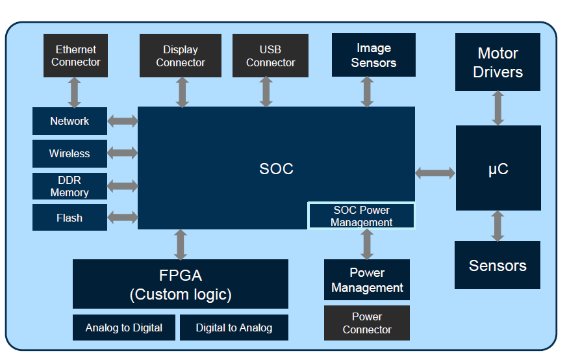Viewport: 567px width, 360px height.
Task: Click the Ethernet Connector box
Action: tap(75, 56)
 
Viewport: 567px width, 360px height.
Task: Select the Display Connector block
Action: tap(181, 56)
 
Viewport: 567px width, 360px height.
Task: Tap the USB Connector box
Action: tap(270, 56)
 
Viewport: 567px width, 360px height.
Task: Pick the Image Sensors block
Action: tap(373, 55)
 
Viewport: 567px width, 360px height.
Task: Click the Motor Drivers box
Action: tap(498, 62)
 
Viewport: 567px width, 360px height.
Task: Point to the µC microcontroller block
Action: tap(498, 168)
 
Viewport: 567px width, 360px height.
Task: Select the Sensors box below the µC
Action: tap(498, 265)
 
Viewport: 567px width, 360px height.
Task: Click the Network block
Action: tap(69, 122)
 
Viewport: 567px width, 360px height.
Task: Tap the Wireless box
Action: tap(69, 154)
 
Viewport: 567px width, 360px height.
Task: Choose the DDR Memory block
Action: tap(69, 186)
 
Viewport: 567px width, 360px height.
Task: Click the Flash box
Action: tap(69, 218)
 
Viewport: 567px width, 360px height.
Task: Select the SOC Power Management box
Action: tap(361, 216)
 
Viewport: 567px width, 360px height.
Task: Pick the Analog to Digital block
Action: tap(124, 328)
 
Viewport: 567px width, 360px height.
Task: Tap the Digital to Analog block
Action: tap(234, 328)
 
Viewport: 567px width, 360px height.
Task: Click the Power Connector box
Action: tap(367, 323)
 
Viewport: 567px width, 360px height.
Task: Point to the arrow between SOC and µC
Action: tap(435, 173)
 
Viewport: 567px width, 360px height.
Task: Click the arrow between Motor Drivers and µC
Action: tap(498, 108)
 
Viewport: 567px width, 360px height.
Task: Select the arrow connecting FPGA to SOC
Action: tap(181, 244)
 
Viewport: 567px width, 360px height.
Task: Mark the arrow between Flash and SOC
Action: tap(123, 218)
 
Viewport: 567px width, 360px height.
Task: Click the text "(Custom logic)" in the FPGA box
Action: tap(181, 294)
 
